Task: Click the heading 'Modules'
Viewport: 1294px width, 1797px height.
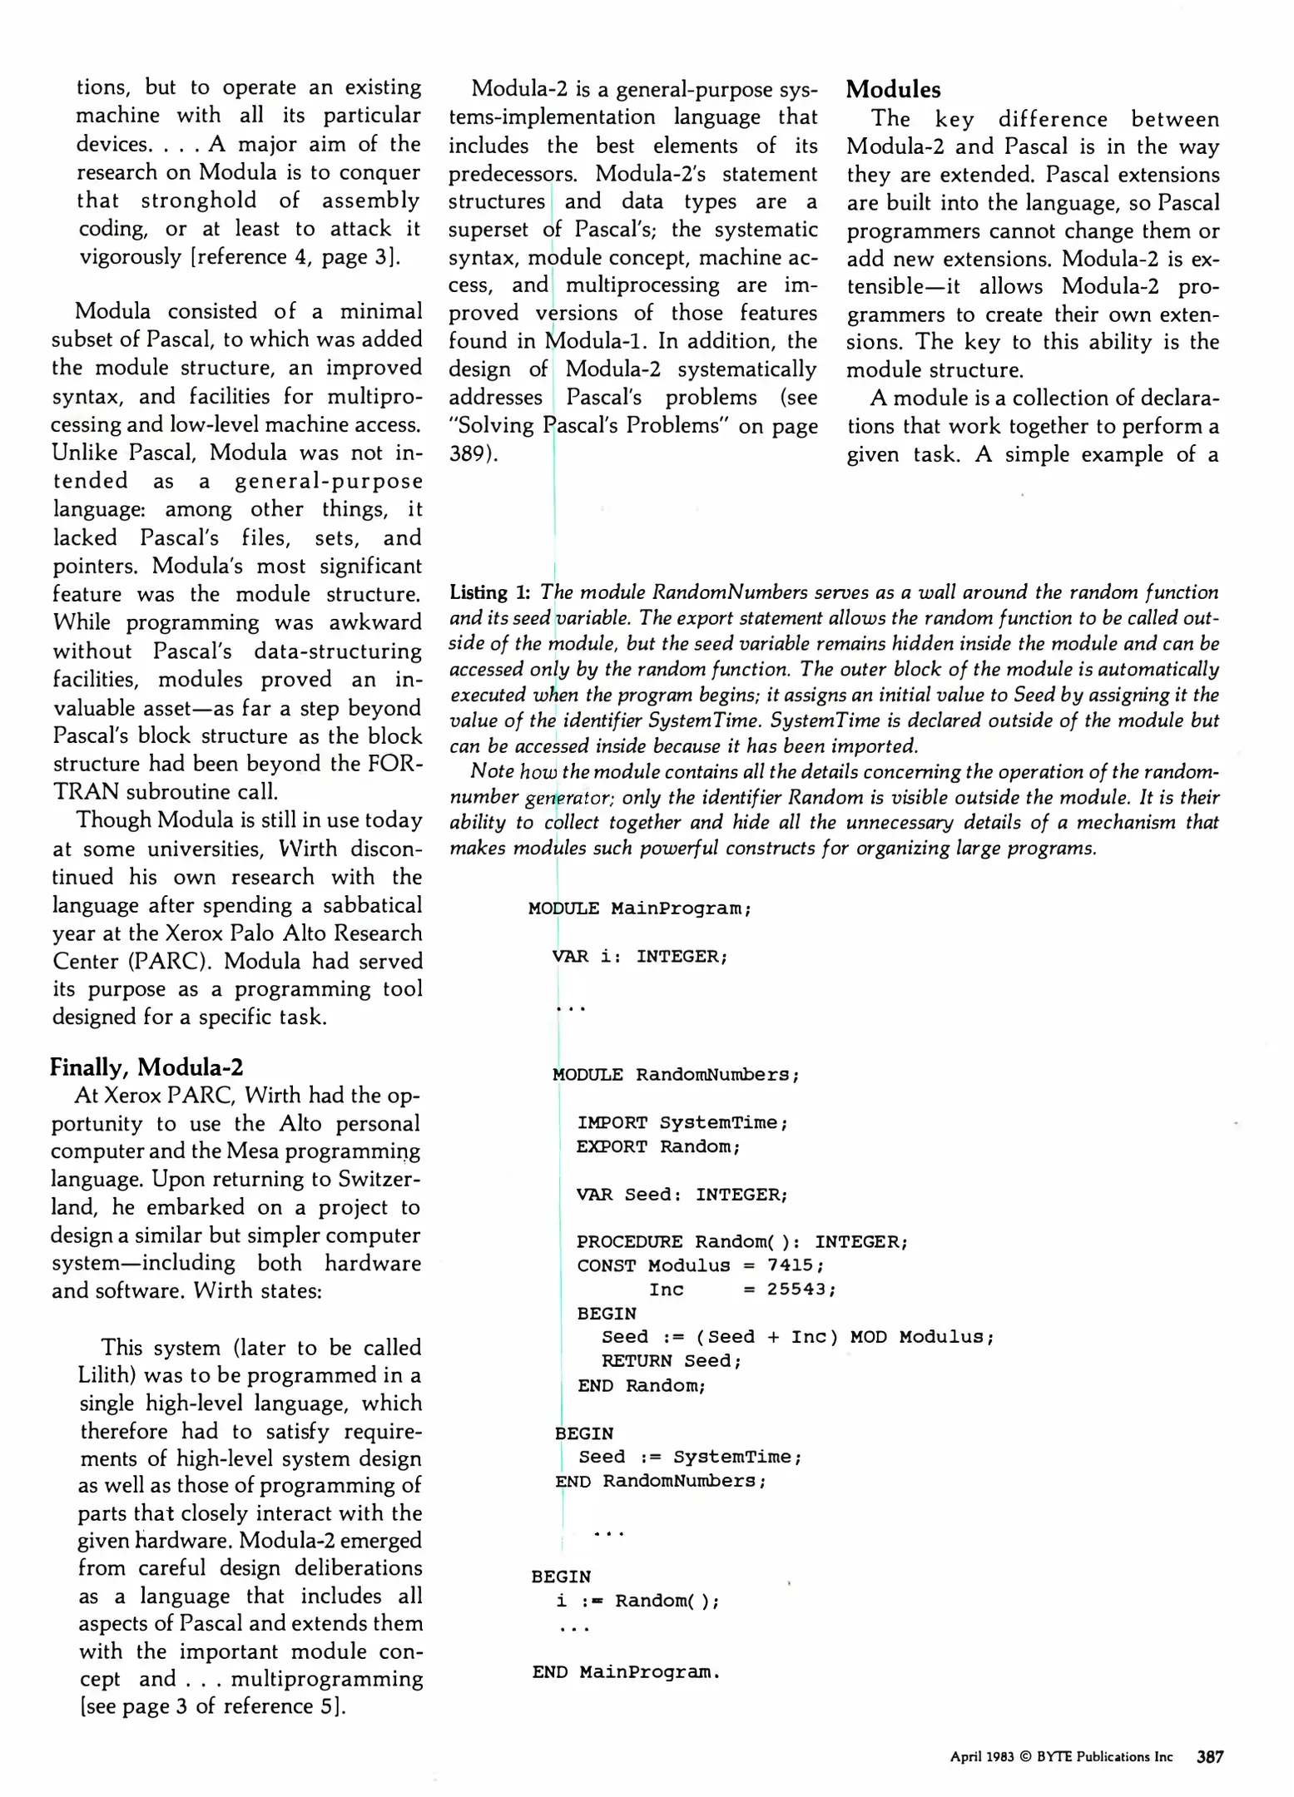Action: [893, 90]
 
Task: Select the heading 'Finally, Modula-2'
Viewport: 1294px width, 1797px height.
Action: [146, 1067]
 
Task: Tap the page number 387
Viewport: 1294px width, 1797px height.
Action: [1209, 1756]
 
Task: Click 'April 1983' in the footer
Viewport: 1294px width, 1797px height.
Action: [982, 1757]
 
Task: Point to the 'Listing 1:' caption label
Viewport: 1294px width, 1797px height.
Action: [489, 592]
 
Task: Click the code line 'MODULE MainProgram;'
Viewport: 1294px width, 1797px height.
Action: [639, 908]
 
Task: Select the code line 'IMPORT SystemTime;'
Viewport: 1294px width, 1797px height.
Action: [682, 1123]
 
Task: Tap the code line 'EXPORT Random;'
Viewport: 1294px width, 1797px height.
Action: [658, 1146]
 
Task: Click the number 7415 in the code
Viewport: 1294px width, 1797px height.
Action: [790, 1265]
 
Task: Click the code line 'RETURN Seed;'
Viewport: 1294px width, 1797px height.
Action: [671, 1361]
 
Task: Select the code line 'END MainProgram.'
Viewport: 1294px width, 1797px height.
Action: [626, 1672]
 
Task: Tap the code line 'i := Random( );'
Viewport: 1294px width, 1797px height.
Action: [637, 1601]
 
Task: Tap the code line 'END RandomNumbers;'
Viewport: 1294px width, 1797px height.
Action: [661, 1481]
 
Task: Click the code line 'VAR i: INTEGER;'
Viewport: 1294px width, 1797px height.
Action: [639, 957]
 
